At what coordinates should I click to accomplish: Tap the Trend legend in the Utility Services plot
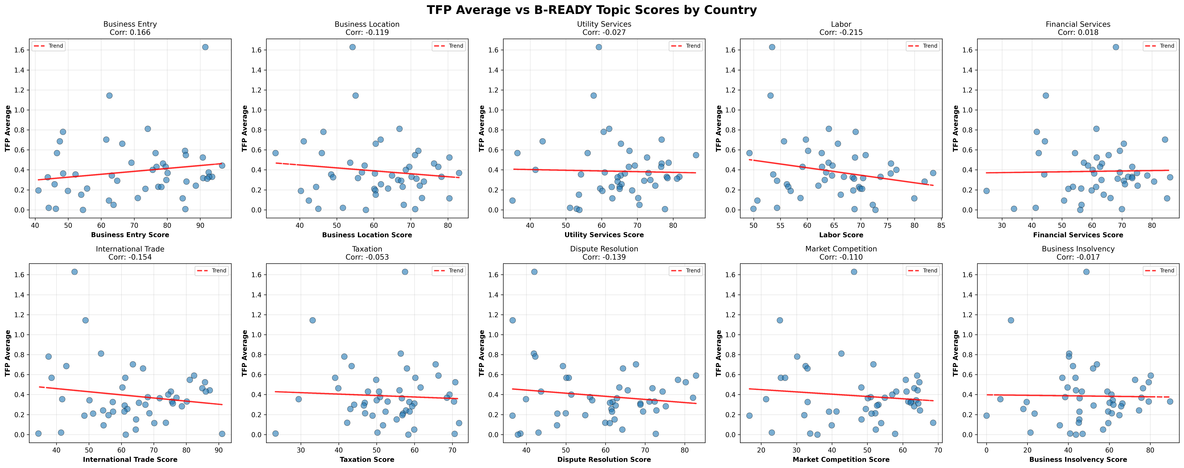point(686,46)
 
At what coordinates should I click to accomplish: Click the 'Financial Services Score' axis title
point(1078,235)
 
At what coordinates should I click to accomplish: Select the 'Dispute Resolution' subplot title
point(604,249)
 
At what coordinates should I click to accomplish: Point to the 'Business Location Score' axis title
point(367,235)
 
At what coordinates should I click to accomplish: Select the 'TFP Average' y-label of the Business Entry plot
point(7,129)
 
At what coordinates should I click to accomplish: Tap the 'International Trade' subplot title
point(130,249)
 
